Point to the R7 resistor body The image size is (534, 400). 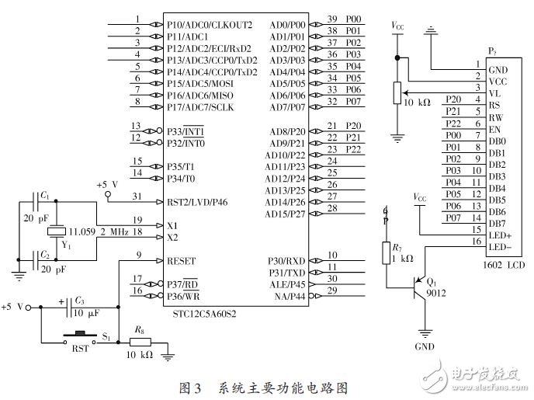click(386, 252)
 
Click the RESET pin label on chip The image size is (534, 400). click(182, 260)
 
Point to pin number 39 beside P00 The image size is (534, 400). click(331, 19)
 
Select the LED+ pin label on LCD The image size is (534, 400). click(501, 235)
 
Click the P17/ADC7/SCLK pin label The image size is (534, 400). click(199, 106)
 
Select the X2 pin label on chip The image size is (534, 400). click(172, 237)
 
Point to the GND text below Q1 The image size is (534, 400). click(424, 346)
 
